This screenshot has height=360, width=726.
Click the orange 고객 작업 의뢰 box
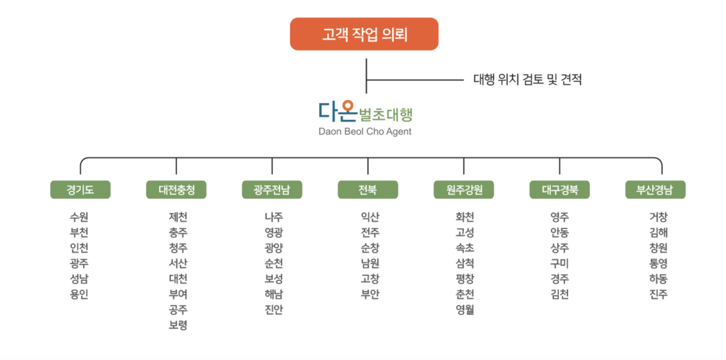pyautogui.click(x=364, y=34)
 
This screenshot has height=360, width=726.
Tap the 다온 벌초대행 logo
pyautogui.click(x=365, y=112)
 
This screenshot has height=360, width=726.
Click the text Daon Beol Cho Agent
pyautogui.click(x=365, y=132)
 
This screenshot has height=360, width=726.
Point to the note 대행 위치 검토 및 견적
pyautogui.click(x=527, y=80)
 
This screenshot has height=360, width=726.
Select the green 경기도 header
pyautogui.click(x=80, y=190)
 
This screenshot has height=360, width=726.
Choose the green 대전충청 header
pyautogui.click(x=176, y=190)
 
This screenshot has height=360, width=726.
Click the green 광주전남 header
pyautogui.click(x=272, y=190)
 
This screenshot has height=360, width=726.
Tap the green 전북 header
pyautogui.click(x=368, y=190)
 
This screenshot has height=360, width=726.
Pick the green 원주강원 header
pyautogui.click(x=464, y=190)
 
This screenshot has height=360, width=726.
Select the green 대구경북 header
pyautogui.click(x=559, y=190)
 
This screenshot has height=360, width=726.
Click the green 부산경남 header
pyautogui.click(x=655, y=190)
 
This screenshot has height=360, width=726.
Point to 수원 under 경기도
pyautogui.click(x=79, y=217)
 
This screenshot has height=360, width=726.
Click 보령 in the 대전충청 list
pyautogui.click(x=178, y=325)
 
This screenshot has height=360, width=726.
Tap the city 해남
pyautogui.click(x=274, y=294)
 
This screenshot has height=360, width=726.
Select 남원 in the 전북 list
pyautogui.click(x=370, y=263)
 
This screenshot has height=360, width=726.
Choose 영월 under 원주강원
pyautogui.click(x=465, y=309)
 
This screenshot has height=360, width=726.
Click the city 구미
pyautogui.click(x=559, y=263)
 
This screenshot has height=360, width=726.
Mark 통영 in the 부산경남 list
pyautogui.click(x=658, y=263)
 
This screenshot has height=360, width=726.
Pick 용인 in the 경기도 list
pyautogui.click(x=79, y=294)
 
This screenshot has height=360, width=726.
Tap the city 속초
pyautogui.click(x=465, y=248)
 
